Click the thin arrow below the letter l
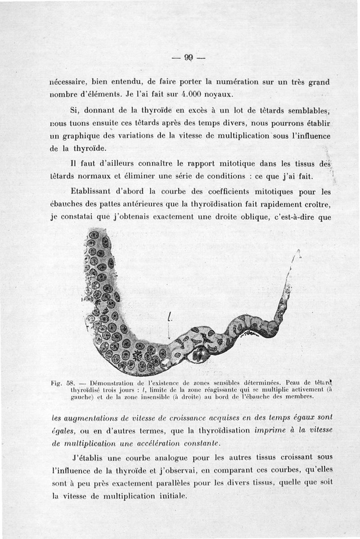point(168,333)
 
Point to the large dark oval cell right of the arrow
point(198,355)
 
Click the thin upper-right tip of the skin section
point(297,253)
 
